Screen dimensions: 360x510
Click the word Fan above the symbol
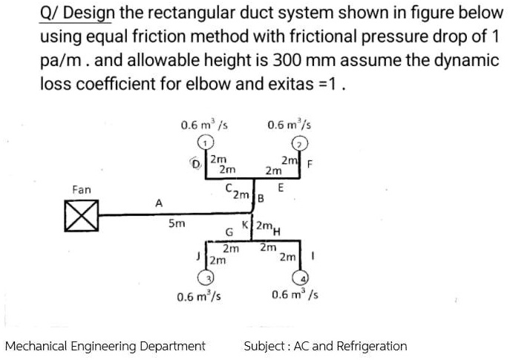(82, 190)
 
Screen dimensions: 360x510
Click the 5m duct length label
(177, 223)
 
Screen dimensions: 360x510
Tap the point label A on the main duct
(157, 201)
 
